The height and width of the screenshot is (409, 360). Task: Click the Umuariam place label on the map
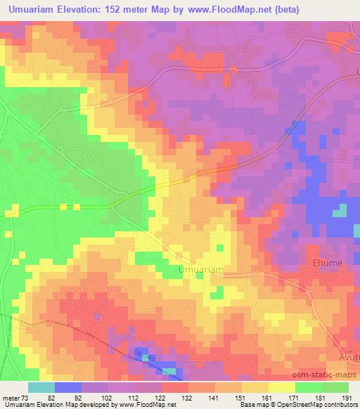(x=201, y=270)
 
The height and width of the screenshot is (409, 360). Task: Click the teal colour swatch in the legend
(x=41, y=388)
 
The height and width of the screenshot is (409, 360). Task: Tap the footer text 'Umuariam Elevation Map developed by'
(x=56, y=405)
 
